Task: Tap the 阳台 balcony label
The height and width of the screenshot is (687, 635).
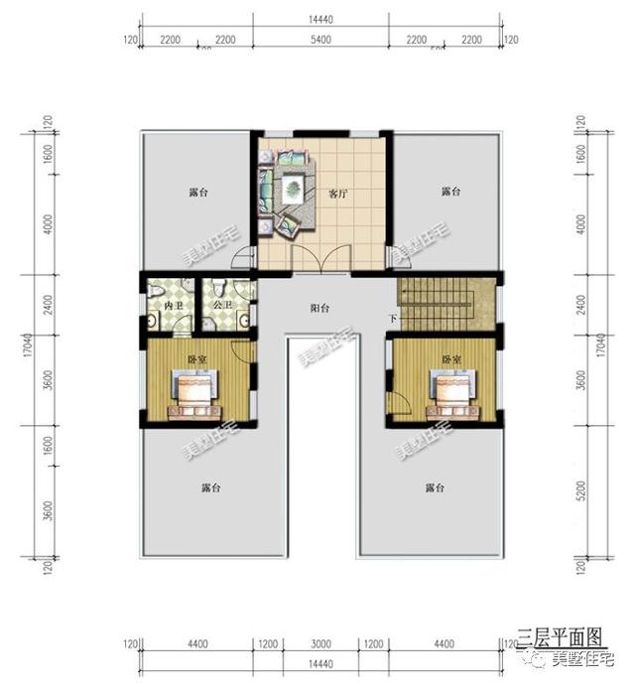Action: pos(319,309)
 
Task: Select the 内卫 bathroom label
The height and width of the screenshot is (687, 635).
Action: pos(174,306)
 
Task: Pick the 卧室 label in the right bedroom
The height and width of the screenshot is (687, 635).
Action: pos(452,358)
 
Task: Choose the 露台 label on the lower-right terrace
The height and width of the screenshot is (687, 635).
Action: pos(434,488)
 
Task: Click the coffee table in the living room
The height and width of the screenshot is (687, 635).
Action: pos(294,186)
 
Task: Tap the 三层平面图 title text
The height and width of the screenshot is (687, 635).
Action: pos(559,633)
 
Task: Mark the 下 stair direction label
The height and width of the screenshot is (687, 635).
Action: pos(393,319)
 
